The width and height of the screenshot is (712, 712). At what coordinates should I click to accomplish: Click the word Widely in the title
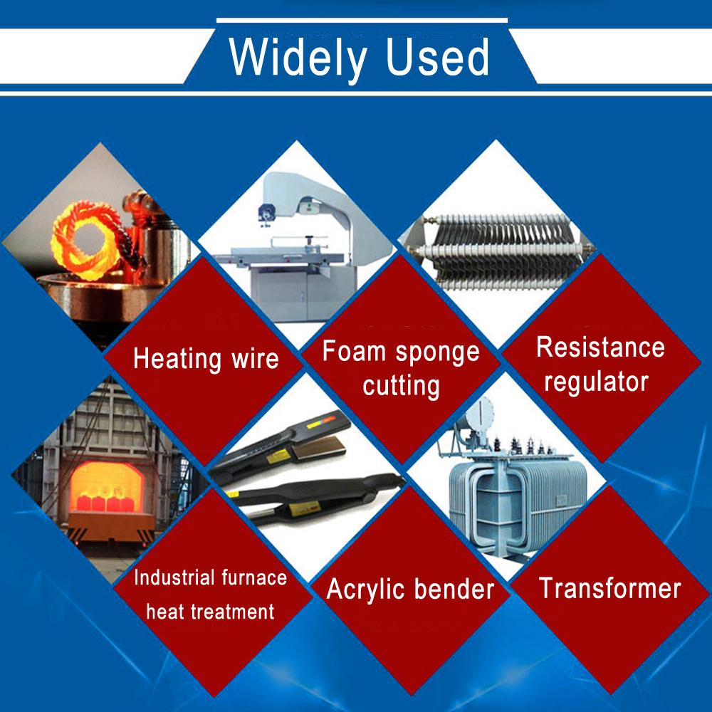(298, 58)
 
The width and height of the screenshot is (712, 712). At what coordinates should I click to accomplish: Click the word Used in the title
(438, 56)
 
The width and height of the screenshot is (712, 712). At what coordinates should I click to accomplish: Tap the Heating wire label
(206, 358)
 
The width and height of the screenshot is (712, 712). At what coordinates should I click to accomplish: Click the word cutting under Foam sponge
(401, 387)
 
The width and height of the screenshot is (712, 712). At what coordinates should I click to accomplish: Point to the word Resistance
(600, 347)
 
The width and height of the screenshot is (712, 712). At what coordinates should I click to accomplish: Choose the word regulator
(596, 382)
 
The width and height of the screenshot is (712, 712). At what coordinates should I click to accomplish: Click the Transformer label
(610, 588)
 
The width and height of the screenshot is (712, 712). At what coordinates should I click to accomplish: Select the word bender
(454, 589)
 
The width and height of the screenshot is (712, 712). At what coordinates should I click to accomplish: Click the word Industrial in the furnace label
(174, 577)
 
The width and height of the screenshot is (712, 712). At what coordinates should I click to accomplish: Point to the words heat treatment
(210, 612)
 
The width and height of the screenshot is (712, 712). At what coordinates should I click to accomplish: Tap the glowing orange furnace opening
(107, 487)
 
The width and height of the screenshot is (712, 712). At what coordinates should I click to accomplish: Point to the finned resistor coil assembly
(500, 252)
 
